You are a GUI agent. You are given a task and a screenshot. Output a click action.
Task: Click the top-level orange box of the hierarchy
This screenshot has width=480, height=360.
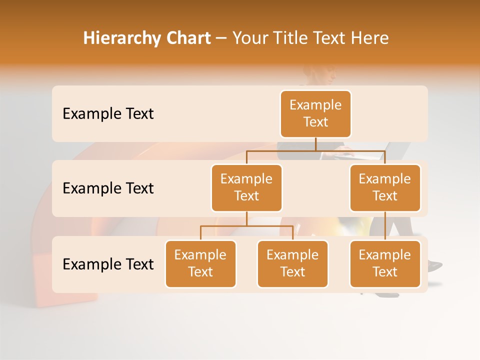click(x=315, y=114)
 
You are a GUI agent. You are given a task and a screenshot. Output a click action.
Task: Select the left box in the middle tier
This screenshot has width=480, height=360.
click(x=246, y=188)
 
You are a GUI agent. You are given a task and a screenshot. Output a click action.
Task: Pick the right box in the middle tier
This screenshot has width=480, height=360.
click(x=385, y=188)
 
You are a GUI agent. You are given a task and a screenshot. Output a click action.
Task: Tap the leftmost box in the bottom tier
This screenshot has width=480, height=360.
click(x=200, y=264)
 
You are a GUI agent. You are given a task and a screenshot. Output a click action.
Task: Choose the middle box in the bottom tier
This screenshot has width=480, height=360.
click(x=292, y=264)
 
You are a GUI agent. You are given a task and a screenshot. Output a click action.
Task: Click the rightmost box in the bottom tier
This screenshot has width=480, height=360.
click(x=385, y=264)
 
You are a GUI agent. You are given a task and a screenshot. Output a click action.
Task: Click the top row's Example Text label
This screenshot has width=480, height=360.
click(x=108, y=114)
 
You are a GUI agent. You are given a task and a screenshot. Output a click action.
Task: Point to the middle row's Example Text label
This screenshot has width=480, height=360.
click(x=108, y=188)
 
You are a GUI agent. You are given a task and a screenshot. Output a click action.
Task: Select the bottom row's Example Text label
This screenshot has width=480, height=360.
click(x=108, y=264)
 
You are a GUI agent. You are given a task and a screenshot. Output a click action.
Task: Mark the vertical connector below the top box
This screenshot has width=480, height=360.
click(x=315, y=144)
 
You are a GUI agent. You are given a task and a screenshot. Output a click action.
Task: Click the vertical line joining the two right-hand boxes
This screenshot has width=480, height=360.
click(x=385, y=226)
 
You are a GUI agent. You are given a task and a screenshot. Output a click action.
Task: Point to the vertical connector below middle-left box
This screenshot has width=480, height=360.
click(x=246, y=219)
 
